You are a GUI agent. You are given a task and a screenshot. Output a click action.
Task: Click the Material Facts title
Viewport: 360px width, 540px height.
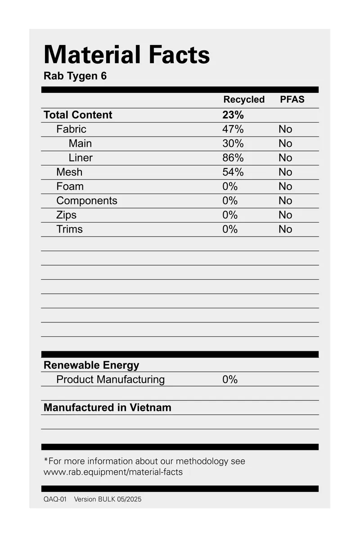click(x=126, y=55)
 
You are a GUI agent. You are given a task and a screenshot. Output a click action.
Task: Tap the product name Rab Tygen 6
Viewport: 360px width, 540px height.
click(x=75, y=76)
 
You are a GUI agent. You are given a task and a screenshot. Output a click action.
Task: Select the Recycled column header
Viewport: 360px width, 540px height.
click(x=244, y=100)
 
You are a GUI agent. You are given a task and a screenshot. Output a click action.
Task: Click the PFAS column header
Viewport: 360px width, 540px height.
click(x=292, y=100)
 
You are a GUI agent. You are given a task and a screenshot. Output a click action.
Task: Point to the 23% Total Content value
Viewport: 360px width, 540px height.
click(x=233, y=115)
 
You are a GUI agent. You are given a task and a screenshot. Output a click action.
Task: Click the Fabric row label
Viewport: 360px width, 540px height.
click(x=71, y=129)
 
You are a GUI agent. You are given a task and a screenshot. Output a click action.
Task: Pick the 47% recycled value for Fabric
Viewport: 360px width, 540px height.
click(x=233, y=129)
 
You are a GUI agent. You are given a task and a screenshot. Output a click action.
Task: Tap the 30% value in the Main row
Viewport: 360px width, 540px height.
click(x=233, y=144)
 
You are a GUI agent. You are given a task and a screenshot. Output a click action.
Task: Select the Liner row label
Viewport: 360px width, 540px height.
click(x=81, y=158)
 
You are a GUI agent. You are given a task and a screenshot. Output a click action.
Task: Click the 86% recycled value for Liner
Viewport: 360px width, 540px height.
click(x=233, y=158)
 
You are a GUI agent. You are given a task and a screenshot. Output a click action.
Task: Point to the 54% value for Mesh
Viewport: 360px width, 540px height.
click(x=233, y=172)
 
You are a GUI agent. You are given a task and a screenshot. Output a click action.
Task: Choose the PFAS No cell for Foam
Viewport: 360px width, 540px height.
click(x=285, y=186)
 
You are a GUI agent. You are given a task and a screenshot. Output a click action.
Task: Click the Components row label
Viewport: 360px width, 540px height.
click(x=86, y=201)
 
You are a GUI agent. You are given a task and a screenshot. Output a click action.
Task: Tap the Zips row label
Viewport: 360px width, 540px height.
click(x=66, y=215)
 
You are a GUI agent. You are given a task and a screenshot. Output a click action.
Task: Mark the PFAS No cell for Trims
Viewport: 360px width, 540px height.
click(x=285, y=229)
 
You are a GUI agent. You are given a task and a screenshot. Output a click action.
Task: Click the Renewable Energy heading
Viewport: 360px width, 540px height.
click(x=91, y=365)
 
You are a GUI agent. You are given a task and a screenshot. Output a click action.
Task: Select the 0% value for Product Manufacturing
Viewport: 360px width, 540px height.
click(x=229, y=380)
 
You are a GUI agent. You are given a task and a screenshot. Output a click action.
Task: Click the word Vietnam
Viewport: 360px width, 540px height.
click(x=150, y=408)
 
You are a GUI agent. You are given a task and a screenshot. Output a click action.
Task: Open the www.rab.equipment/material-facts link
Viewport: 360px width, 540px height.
click(x=113, y=472)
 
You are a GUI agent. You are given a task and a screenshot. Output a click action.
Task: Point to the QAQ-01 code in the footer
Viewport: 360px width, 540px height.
click(x=55, y=499)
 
